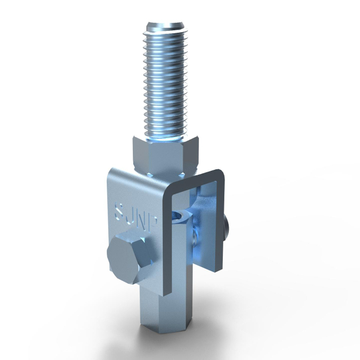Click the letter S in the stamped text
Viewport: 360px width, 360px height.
(x=119, y=210)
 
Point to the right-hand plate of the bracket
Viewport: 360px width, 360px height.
(x=214, y=225)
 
